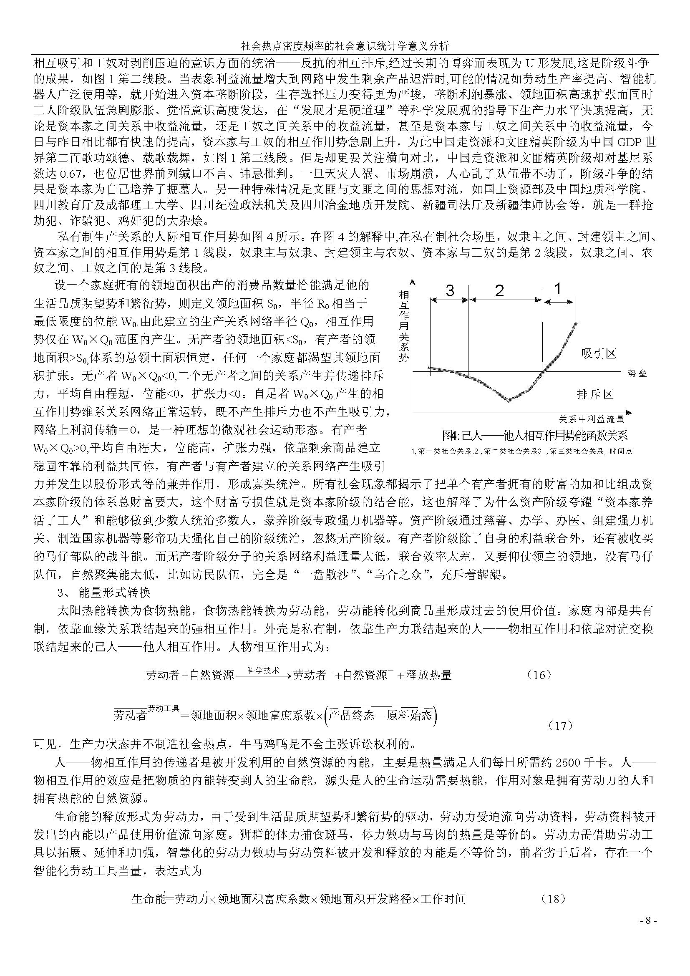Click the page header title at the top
coord(345,46)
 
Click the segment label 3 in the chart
coord(450,290)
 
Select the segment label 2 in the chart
coord(500,290)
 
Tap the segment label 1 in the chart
coord(558,289)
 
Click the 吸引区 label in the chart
coord(599,353)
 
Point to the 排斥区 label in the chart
coord(595,394)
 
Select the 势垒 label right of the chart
coord(637,374)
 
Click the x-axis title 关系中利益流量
coord(591,419)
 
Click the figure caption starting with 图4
coord(534,435)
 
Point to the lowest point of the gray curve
coord(508,400)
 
